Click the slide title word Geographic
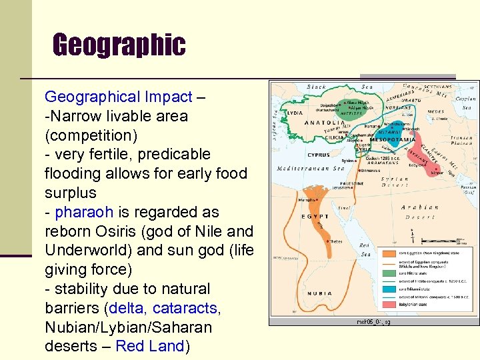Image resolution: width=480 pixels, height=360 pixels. click(x=119, y=45)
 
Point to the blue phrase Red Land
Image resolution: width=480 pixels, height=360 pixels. click(x=149, y=347)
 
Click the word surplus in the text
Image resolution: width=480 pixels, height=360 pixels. click(x=70, y=193)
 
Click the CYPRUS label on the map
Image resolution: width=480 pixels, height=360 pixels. click(x=318, y=155)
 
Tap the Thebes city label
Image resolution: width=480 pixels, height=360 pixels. click(x=336, y=241)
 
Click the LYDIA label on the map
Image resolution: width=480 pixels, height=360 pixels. click(x=294, y=113)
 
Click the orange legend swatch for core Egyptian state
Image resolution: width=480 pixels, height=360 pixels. click(x=389, y=253)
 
